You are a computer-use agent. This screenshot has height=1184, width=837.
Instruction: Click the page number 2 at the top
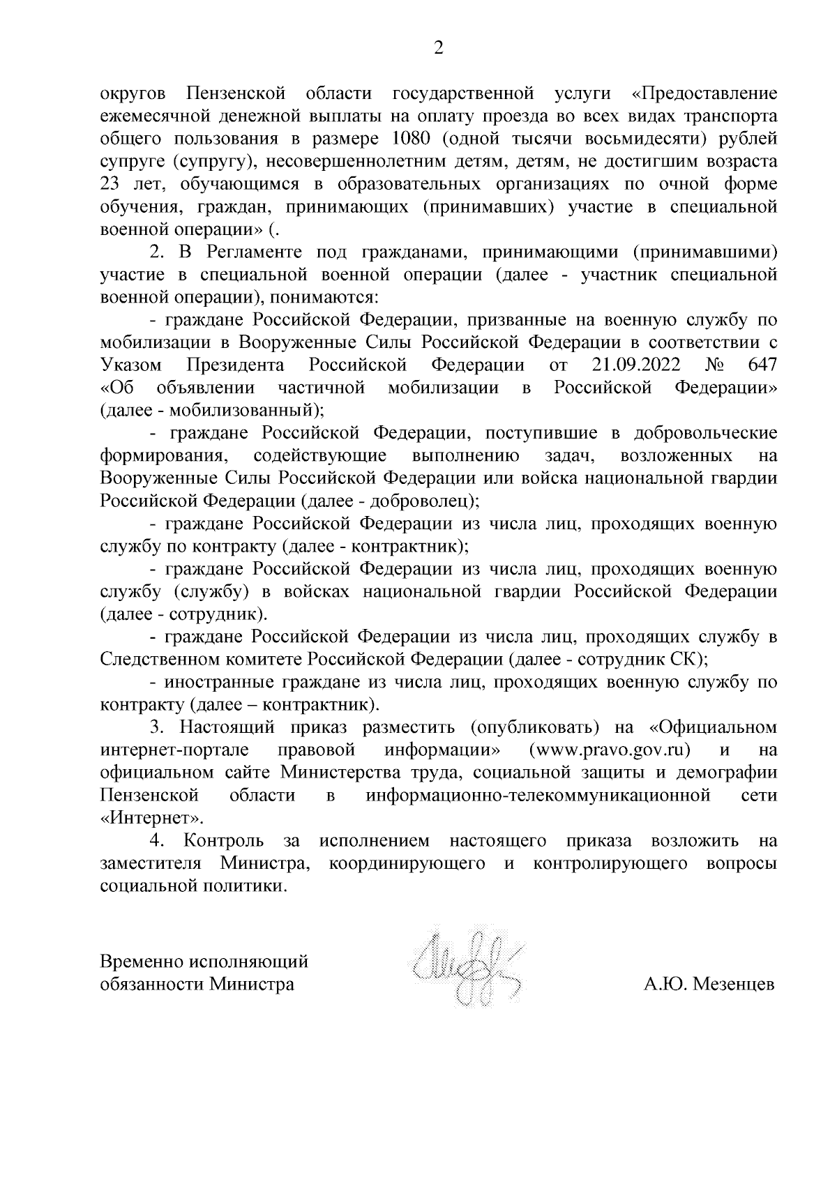pos(439,48)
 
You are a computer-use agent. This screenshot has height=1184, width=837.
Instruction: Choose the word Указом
pos(131,365)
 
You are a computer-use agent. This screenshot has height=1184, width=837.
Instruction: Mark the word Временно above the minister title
pos(142,962)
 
